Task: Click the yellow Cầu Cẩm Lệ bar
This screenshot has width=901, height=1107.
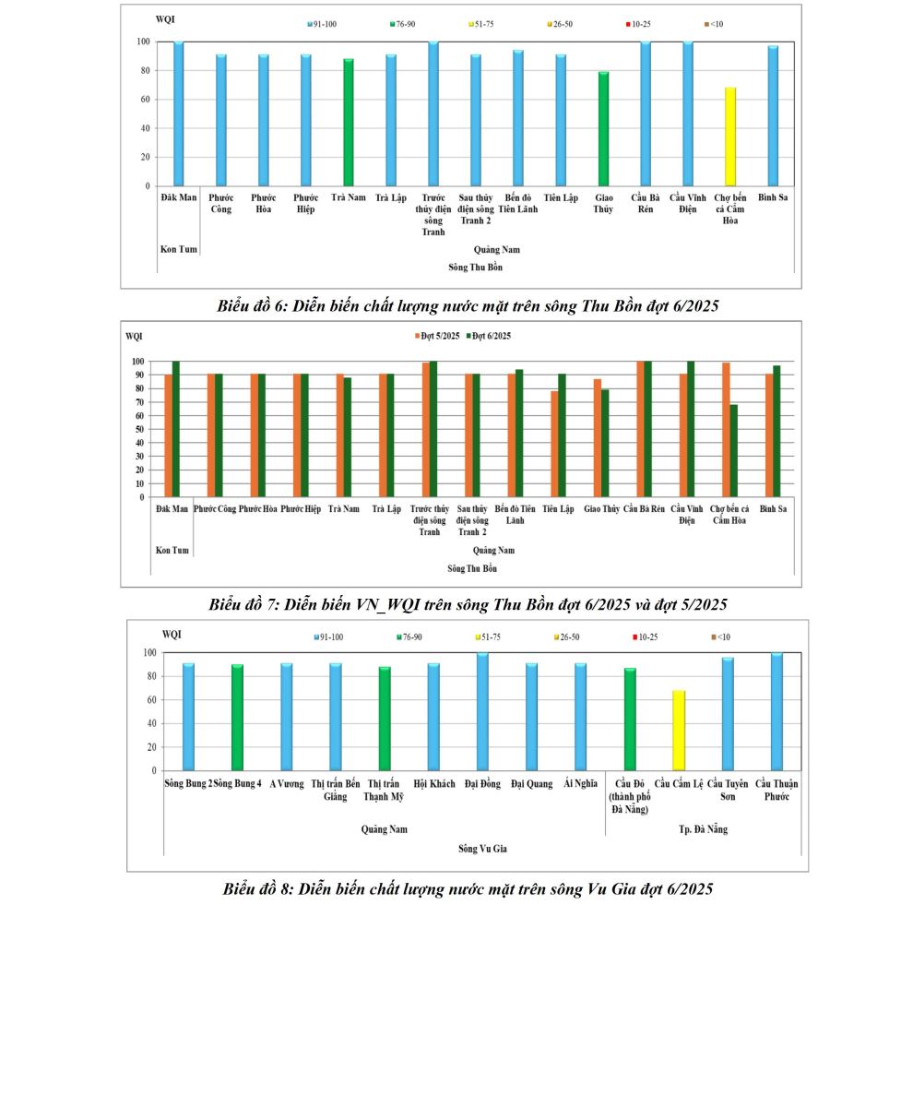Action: click(x=679, y=730)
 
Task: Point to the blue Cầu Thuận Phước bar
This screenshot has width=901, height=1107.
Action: click(x=777, y=711)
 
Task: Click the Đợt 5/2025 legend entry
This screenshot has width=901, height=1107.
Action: click(x=437, y=336)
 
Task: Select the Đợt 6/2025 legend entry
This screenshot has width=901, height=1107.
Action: click(x=489, y=336)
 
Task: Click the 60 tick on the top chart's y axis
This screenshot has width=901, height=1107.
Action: click(x=143, y=100)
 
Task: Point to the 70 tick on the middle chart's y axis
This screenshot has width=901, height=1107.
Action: click(x=138, y=402)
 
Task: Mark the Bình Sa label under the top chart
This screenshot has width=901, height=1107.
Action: click(x=773, y=197)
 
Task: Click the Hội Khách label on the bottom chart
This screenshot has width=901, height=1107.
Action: click(x=434, y=784)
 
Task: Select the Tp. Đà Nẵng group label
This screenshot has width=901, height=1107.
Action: click(x=703, y=829)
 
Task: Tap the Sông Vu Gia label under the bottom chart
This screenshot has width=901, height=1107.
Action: click(x=482, y=849)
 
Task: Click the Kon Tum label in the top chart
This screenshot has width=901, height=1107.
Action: click(x=179, y=249)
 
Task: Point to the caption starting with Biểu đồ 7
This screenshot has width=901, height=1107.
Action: click(x=468, y=605)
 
